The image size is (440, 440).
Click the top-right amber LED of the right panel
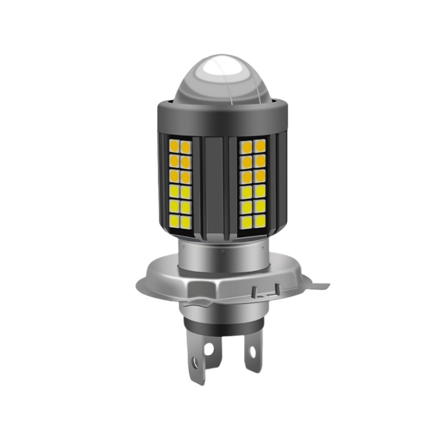coord(260,146)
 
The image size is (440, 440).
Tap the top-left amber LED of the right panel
coord(246,146)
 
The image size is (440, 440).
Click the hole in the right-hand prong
coord(252,352)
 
